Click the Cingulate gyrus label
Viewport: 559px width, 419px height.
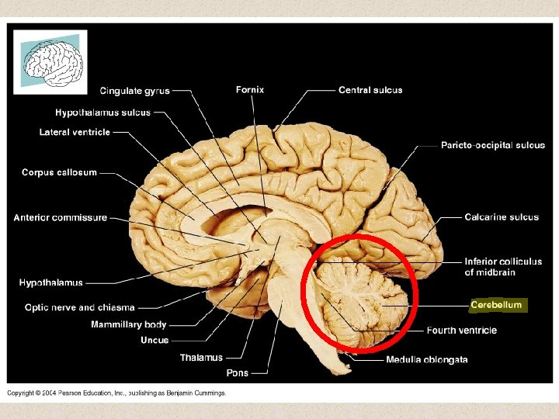click(x=134, y=91)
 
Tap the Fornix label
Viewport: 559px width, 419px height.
click(x=250, y=90)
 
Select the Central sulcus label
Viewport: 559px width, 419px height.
click(x=370, y=90)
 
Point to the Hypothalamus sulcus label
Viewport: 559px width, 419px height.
click(x=102, y=113)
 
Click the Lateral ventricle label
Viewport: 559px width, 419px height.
click(x=75, y=133)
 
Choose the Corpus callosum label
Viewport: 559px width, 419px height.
click(x=59, y=172)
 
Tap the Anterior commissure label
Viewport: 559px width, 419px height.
click(x=60, y=218)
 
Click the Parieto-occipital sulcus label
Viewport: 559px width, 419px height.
click(x=493, y=145)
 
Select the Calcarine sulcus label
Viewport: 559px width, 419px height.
click(x=502, y=217)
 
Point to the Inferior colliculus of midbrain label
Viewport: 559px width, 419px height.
click(x=503, y=267)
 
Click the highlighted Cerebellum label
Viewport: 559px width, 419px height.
click(x=497, y=305)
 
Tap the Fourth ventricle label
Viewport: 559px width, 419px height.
click(x=462, y=331)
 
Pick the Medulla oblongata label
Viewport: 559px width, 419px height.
click(x=427, y=359)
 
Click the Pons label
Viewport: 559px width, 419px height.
click(x=238, y=373)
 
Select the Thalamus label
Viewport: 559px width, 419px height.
click(x=201, y=358)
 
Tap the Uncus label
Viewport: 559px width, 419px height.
click(x=155, y=340)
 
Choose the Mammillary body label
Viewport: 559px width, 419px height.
click(x=129, y=324)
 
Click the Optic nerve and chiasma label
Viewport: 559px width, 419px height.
click(x=80, y=308)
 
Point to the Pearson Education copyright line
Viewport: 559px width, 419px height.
click(x=116, y=393)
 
